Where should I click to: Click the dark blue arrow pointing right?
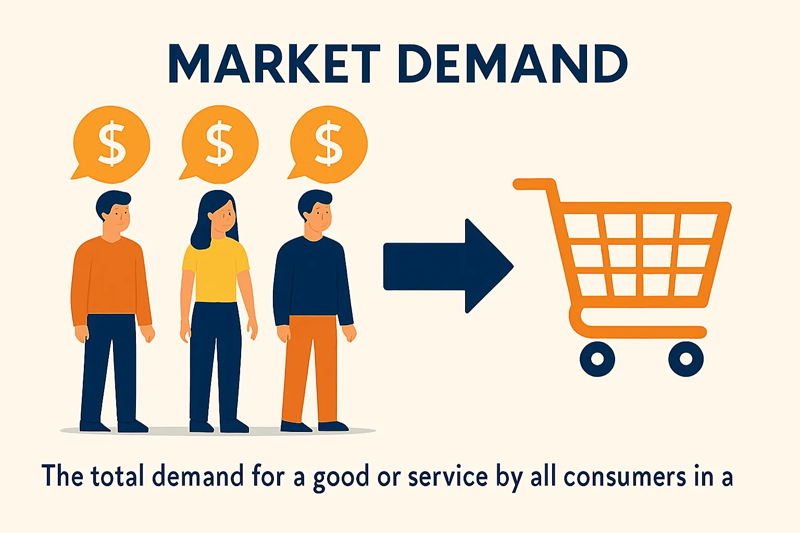coord(448,266)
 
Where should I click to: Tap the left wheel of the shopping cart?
coord(597,359)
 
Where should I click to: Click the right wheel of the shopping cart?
coord(686,359)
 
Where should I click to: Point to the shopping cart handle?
coord(534,184)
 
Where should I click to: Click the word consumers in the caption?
coord(625,477)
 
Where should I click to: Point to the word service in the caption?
coord(448,477)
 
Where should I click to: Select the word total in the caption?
coord(117,477)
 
